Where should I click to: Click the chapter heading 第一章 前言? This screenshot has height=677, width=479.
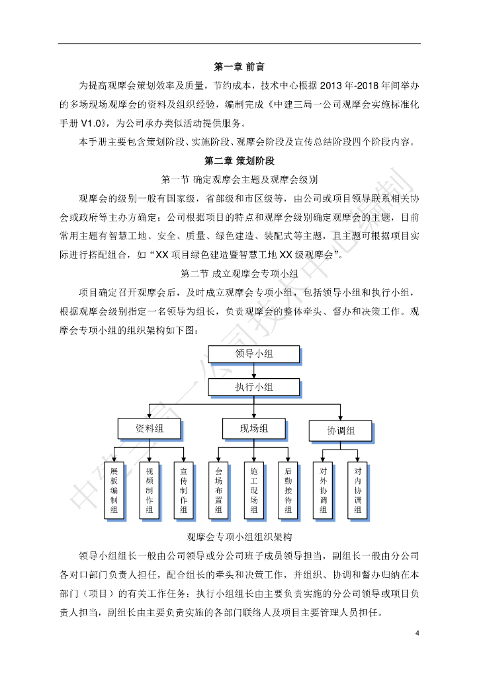click(x=239, y=67)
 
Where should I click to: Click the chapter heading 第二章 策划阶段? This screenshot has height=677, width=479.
click(x=239, y=161)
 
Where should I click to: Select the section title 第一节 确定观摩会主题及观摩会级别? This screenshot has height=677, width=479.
click(x=239, y=179)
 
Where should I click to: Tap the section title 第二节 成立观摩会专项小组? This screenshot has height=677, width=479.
click(x=239, y=273)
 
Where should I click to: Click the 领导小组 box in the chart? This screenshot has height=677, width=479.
click(x=254, y=354)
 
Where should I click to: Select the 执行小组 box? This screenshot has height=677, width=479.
click(x=254, y=387)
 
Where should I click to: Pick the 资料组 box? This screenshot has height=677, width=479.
click(x=150, y=428)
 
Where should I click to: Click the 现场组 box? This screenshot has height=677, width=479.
click(x=254, y=428)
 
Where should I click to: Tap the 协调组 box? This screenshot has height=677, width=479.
click(x=341, y=431)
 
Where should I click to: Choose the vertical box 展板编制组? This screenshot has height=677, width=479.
click(x=114, y=490)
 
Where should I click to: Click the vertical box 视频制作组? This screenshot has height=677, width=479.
click(x=149, y=490)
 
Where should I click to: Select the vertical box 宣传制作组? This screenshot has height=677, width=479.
click(x=184, y=490)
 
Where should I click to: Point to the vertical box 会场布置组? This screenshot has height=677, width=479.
click(x=218, y=490)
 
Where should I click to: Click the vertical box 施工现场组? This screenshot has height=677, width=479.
click(x=253, y=490)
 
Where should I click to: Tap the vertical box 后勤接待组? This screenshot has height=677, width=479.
click(x=288, y=490)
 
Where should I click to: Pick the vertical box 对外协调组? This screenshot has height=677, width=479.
click(x=323, y=490)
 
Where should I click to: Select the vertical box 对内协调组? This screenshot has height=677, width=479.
click(x=357, y=490)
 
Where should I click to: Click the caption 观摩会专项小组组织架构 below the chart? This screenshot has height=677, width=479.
click(x=239, y=537)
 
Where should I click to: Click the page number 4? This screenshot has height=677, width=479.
click(x=417, y=633)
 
